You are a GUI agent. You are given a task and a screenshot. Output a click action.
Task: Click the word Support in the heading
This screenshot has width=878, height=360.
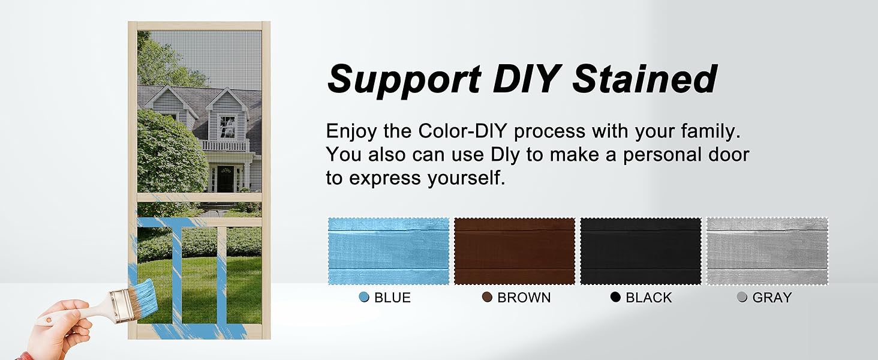pos(404,80)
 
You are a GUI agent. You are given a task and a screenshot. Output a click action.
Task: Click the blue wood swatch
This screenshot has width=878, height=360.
pos(389,251)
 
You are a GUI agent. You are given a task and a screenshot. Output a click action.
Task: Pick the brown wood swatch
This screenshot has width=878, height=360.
pos(515,251)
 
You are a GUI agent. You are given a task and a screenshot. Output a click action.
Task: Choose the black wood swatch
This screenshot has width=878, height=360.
pos(641,251)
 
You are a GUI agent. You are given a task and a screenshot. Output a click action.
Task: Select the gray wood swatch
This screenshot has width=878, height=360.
pos(768,251)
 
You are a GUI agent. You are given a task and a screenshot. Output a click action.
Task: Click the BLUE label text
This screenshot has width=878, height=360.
pos(392,298)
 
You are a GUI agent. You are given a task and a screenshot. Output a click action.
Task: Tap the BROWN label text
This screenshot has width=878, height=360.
pos(524,298)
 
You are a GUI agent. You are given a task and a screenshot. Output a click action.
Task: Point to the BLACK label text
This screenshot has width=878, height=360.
pos(649,298)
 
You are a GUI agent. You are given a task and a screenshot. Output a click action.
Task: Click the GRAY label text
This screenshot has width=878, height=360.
pos(772,298)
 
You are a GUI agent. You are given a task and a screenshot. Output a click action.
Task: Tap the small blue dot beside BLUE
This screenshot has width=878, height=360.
pos(364,297)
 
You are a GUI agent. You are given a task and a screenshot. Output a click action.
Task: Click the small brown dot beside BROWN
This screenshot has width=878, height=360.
pos(487,297)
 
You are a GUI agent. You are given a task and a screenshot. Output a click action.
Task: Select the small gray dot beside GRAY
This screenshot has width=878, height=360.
pos(742,297)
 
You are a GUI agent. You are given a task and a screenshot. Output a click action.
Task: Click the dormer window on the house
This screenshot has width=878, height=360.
pos(227,126)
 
